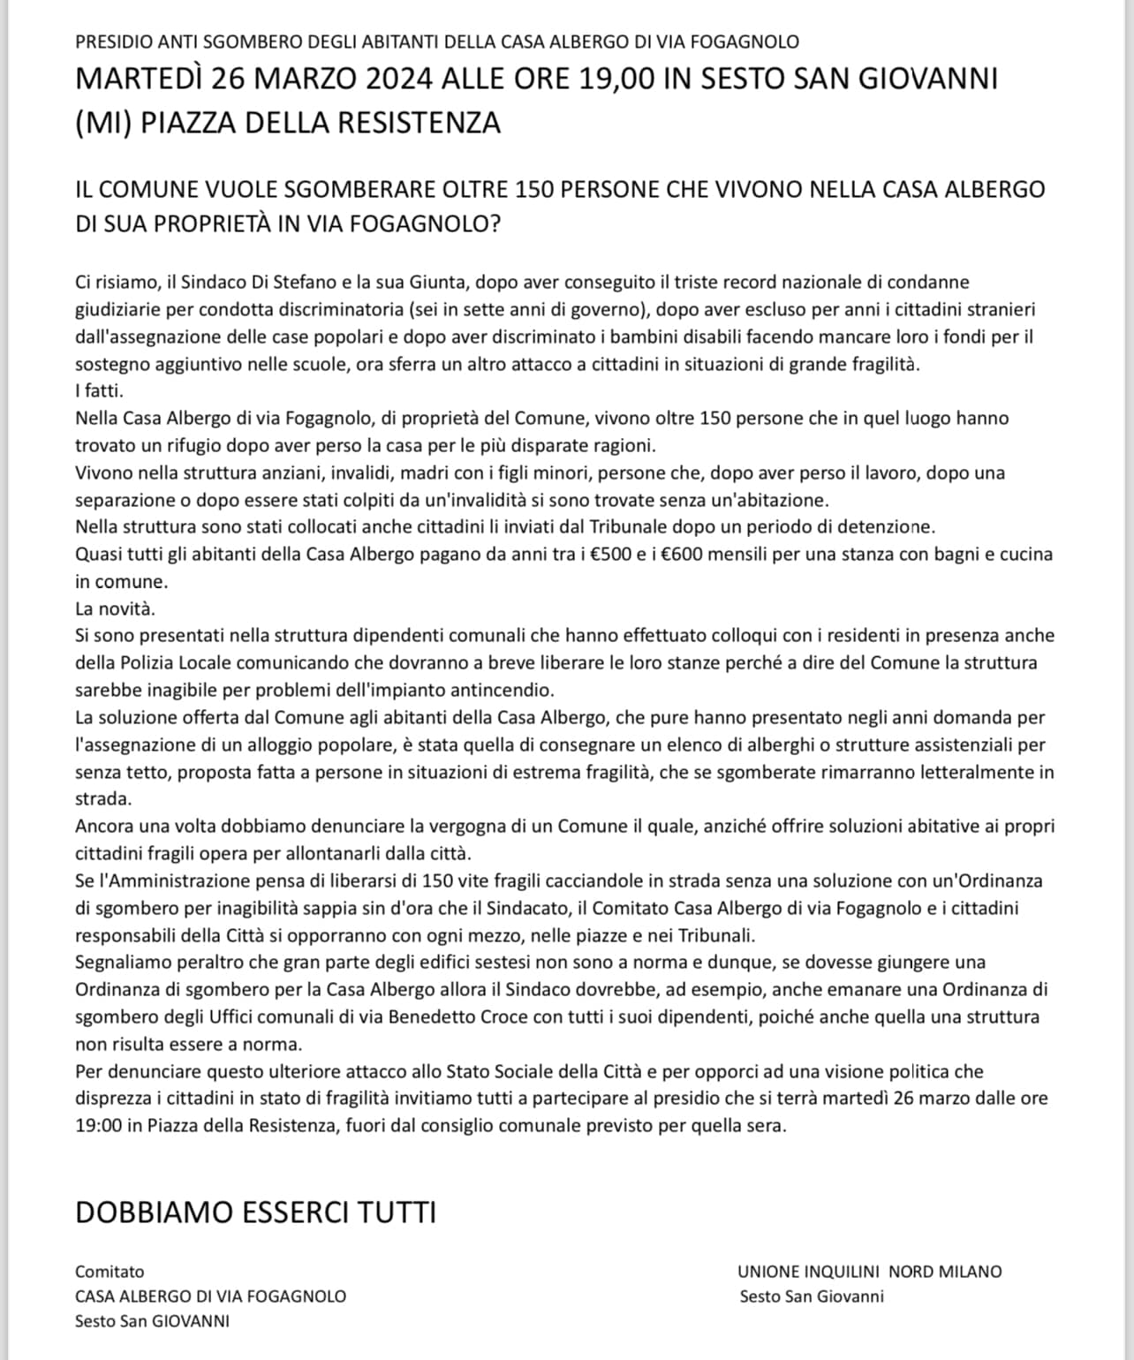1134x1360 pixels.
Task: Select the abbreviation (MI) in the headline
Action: tap(103, 122)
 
